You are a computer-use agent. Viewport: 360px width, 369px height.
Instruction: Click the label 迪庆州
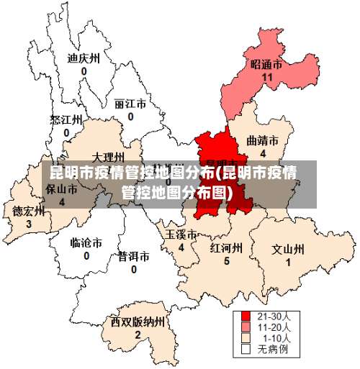click(x=84, y=59)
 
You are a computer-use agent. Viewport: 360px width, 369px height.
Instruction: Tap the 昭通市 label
click(x=266, y=64)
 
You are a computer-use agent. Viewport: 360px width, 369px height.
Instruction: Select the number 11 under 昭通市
click(x=267, y=77)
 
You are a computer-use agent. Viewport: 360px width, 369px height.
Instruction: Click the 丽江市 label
click(x=130, y=104)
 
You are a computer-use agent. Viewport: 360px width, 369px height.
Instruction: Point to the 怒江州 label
click(x=66, y=119)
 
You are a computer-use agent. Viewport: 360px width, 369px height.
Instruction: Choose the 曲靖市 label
click(x=262, y=140)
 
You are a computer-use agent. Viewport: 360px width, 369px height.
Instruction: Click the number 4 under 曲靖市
click(x=263, y=153)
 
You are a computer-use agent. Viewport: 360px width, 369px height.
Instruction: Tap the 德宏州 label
click(x=29, y=211)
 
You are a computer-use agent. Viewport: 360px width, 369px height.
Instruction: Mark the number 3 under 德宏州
click(x=29, y=224)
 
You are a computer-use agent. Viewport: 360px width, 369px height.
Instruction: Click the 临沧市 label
click(x=86, y=242)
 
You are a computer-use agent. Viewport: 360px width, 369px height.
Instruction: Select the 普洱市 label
click(x=134, y=256)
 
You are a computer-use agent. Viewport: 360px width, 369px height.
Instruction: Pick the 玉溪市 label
click(x=181, y=234)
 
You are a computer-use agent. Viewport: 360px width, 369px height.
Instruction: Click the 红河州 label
click(x=226, y=248)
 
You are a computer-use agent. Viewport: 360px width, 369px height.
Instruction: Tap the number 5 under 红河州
click(x=226, y=261)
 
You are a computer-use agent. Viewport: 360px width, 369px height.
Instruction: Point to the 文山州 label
click(x=288, y=250)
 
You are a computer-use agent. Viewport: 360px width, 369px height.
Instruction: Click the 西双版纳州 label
click(x=138, y=322)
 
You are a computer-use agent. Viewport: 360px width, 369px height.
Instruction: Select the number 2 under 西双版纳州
click(x=138, y=334)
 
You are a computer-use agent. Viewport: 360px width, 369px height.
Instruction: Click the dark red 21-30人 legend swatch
click(x=246, y=316)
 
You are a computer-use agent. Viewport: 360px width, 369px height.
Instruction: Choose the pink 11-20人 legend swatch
click(x=246, y=327)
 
